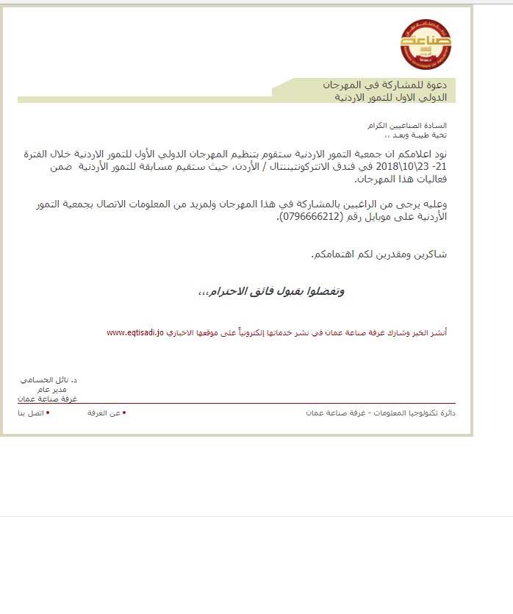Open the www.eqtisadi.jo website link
(134, 333)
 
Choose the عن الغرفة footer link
(104, 413)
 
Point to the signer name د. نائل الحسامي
(49, 379)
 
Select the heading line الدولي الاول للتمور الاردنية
(386, 96)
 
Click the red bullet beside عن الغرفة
(124, 413)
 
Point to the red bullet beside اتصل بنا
(48, 413)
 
